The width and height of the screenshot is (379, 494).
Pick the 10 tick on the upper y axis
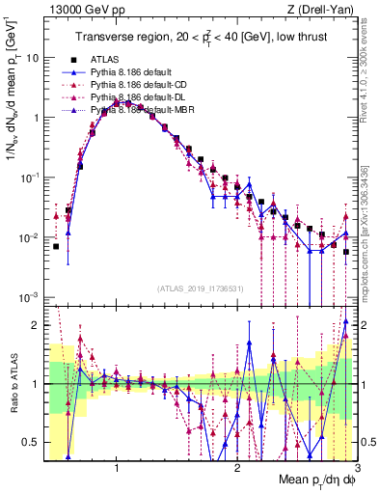(x=32, y=57)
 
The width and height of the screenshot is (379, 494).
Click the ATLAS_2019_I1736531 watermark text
(x=200, y=289)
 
